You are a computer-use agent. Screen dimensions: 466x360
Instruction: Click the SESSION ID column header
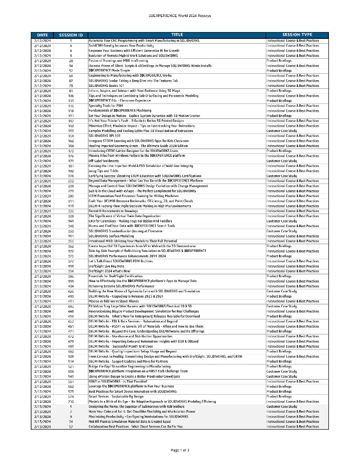coord(70,35)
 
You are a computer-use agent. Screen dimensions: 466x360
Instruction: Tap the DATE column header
coord(42,35)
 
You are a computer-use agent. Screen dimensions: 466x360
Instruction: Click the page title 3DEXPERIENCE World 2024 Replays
coord(180,16)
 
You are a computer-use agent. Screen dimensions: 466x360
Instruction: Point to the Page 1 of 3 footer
coord(180,450)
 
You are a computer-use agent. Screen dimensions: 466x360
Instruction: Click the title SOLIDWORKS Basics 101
coord(103,85)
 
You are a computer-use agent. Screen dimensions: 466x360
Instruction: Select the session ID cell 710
coord(71,402)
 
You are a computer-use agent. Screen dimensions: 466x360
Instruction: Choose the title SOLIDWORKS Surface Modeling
coord(111,236)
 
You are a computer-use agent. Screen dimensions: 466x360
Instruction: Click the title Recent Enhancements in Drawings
coord(113,211)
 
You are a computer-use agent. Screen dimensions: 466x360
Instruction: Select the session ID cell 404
coord(71,286)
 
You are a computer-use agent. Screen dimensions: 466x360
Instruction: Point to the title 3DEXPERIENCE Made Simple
coord(109,70)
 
